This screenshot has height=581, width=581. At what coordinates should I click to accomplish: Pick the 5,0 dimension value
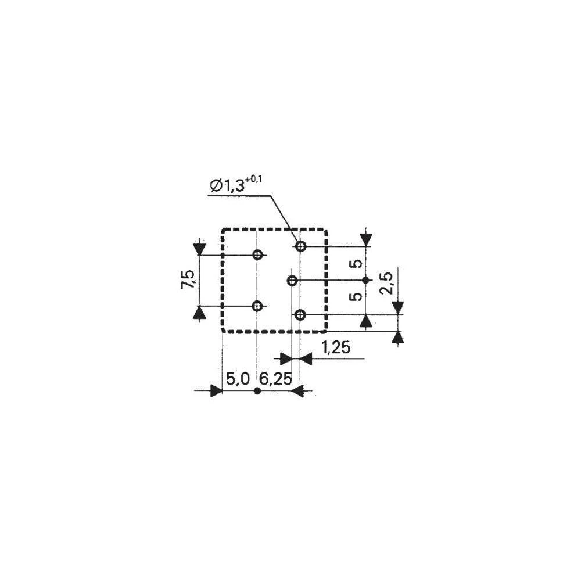point(238,380)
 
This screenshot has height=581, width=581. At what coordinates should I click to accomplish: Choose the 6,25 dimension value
point(275,380)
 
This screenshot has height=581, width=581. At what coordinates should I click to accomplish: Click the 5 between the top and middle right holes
point(358,263)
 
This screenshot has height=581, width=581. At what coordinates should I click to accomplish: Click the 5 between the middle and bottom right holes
point(358,296)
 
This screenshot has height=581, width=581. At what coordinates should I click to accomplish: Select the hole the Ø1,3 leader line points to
point(300,246)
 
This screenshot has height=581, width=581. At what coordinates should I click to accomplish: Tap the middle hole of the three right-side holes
point(292,281)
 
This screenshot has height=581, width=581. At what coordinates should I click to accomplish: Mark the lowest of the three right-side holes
point(300,315)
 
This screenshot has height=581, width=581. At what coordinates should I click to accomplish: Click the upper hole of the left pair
point(257,255)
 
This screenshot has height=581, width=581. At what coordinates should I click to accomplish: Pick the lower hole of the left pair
point(257,306)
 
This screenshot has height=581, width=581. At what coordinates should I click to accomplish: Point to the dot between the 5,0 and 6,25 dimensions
point(258,392)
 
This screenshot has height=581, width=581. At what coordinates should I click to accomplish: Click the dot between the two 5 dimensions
point(365,281)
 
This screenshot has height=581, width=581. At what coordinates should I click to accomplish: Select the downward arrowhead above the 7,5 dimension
point(199,249)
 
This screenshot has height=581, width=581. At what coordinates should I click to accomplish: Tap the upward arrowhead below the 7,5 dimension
point(199,313)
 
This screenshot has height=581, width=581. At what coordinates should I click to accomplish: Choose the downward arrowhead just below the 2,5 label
point(397,307)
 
